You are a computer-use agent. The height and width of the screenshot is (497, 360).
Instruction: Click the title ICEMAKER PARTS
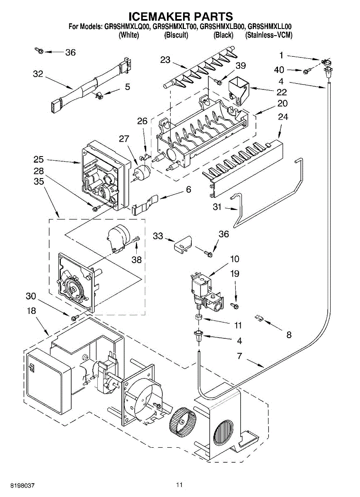click(181, 16)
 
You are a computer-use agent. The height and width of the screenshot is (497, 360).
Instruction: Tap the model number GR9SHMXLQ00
click(127, 27)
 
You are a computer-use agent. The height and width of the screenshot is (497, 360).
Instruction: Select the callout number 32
click(38, 74)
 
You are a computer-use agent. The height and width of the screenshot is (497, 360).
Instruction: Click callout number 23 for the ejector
click(165, 60)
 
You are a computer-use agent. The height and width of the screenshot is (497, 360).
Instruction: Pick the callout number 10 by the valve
click(234, 259)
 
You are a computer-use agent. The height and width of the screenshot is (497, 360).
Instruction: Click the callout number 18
click(31, 311)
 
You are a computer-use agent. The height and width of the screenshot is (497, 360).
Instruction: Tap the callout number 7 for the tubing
click(239, 356)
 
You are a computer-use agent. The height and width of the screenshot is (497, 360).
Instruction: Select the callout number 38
click(136, 260)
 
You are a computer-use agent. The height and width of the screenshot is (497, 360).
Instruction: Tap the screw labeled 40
click(307, 71)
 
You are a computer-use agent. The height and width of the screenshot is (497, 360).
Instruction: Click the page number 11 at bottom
click(179, 485)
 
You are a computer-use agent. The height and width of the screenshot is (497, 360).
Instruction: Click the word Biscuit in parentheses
click(176, 35)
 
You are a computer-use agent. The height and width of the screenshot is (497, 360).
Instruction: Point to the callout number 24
click(283, 117)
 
